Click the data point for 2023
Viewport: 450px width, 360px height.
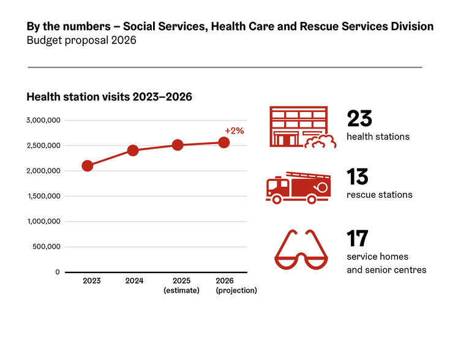[x=88, y=166]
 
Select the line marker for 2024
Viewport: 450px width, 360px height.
[x=133, y=150]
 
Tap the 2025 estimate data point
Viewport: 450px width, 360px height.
[x=178, y=145]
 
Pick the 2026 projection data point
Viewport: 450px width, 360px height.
[x=224, y=143]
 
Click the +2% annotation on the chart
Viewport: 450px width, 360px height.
[x=234, y=130]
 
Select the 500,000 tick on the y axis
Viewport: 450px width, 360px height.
[x=46, y=247]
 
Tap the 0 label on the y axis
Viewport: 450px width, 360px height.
[x=57, y=272]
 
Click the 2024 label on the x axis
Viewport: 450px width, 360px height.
[x=134, y=281]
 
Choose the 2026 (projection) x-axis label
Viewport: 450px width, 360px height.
[x=236, y=285]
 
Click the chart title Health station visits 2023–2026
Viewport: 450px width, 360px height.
[x=110, y=97]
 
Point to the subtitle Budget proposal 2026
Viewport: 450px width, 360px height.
[x=81, y=40]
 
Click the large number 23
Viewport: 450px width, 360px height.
[x=359, y=119]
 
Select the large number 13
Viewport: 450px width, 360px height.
[x=358, y=178]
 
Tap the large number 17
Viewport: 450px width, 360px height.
[x=358, y=239]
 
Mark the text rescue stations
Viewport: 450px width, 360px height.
[x=379, y=195]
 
